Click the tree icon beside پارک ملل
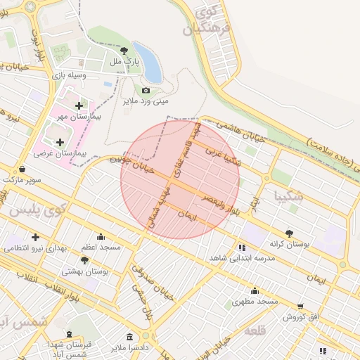coord(124,51)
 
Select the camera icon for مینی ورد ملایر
coord(146,90)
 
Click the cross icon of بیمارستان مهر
coord(78,105)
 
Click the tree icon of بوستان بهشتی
coord(85,260)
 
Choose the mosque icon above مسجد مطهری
coord(255,291)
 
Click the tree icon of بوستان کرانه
coord(289,233)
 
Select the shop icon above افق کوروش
coord(301,307)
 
